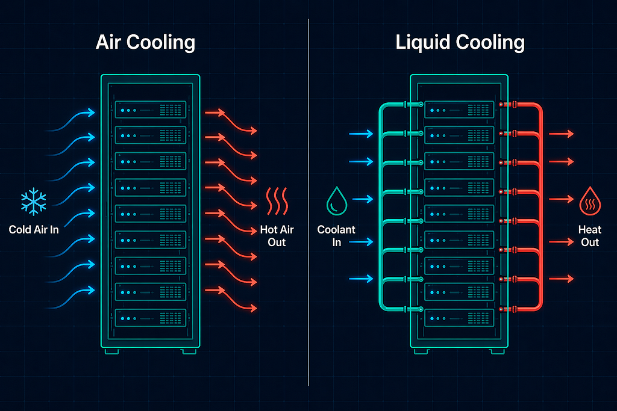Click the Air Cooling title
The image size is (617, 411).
coord(145,42)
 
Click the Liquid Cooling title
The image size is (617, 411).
coord(460,42)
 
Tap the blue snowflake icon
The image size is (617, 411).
coord(34,202)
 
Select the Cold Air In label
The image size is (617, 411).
coord(34,229)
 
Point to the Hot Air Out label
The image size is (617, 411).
coord(277,236)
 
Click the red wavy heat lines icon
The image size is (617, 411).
coord(277,201)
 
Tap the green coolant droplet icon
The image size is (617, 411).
coord(337,201)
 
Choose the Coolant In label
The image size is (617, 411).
coord(336,236)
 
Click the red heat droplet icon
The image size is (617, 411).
coord(590,201)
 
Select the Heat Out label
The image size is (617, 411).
coord(590,236)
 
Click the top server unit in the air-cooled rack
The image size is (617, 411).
coord(150,110)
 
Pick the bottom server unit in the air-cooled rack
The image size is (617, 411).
coord(150,318)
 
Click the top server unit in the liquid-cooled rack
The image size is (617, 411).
coord(459,110)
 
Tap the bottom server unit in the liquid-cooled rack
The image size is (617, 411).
coord(459,318)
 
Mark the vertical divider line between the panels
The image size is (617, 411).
coord(308,202)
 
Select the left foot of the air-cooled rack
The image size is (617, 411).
coord(111,351)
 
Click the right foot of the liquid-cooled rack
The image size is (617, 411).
coord(497,351)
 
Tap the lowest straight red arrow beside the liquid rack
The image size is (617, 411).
coord(562,279)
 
